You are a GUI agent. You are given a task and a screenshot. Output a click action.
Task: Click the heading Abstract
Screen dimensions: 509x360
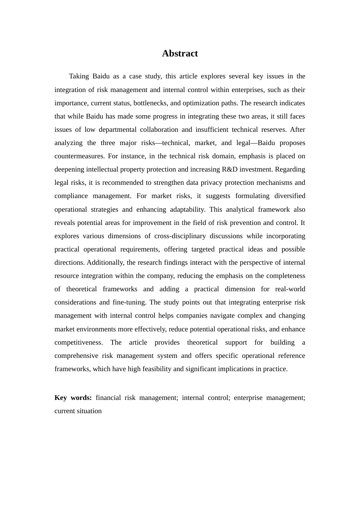180,53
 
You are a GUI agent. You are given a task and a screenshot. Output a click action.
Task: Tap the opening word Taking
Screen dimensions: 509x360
79,76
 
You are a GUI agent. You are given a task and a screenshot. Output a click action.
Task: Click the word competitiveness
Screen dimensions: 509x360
78,342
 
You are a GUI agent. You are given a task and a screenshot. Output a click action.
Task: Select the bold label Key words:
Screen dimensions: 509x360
73,398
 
